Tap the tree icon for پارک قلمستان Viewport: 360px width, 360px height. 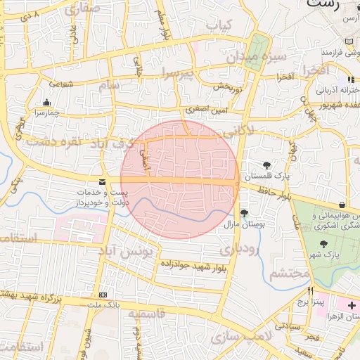[267, 166]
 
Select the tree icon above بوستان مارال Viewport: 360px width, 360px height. [244, 213]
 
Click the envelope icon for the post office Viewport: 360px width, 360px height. [103, 181]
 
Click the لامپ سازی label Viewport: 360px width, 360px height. [236, 337]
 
